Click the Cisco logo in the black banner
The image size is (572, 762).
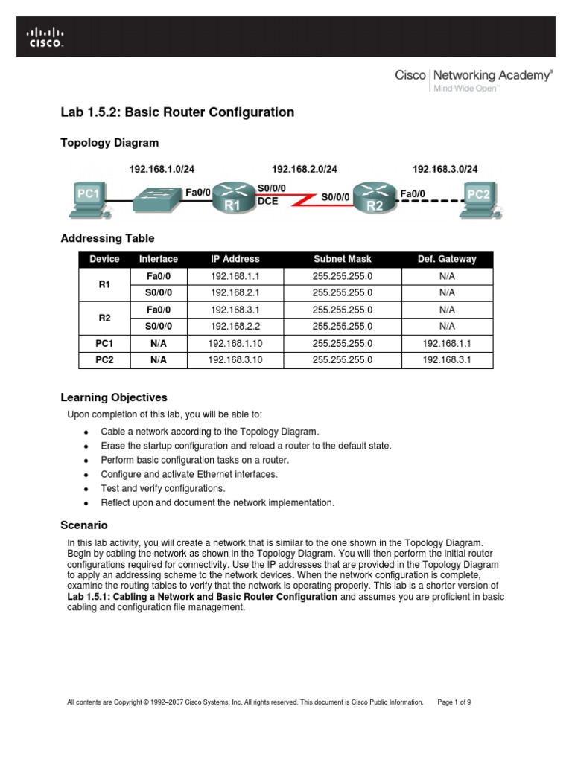click(46, 36)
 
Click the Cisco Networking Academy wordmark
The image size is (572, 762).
click(473, 75)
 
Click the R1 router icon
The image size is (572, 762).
click(232, 197)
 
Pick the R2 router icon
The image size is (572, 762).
click(375, 197)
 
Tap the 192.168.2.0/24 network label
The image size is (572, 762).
click(305, 169)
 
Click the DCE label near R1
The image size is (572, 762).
click(267, 201)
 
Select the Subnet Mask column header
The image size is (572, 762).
click(342, 259)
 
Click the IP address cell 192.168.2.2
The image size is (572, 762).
click(235, 326)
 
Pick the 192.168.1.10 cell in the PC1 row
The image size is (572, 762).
click(235, 343)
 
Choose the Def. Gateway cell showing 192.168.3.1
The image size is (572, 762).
click(447, 360)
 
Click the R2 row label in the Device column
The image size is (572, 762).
click(104, 318)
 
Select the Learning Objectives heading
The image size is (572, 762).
click(113, 397)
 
